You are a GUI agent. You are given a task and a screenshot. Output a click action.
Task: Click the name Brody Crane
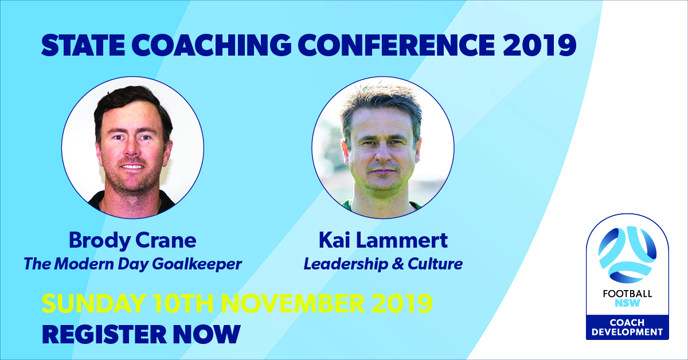click(132, 240)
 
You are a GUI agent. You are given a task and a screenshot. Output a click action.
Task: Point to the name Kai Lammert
click(383, 240)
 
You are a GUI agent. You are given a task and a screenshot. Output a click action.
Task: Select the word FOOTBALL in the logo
click(627, 295)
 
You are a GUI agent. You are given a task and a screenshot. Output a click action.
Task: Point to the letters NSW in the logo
click(627, 304)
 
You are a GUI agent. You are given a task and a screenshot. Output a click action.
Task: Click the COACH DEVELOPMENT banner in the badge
click(627, 327)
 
